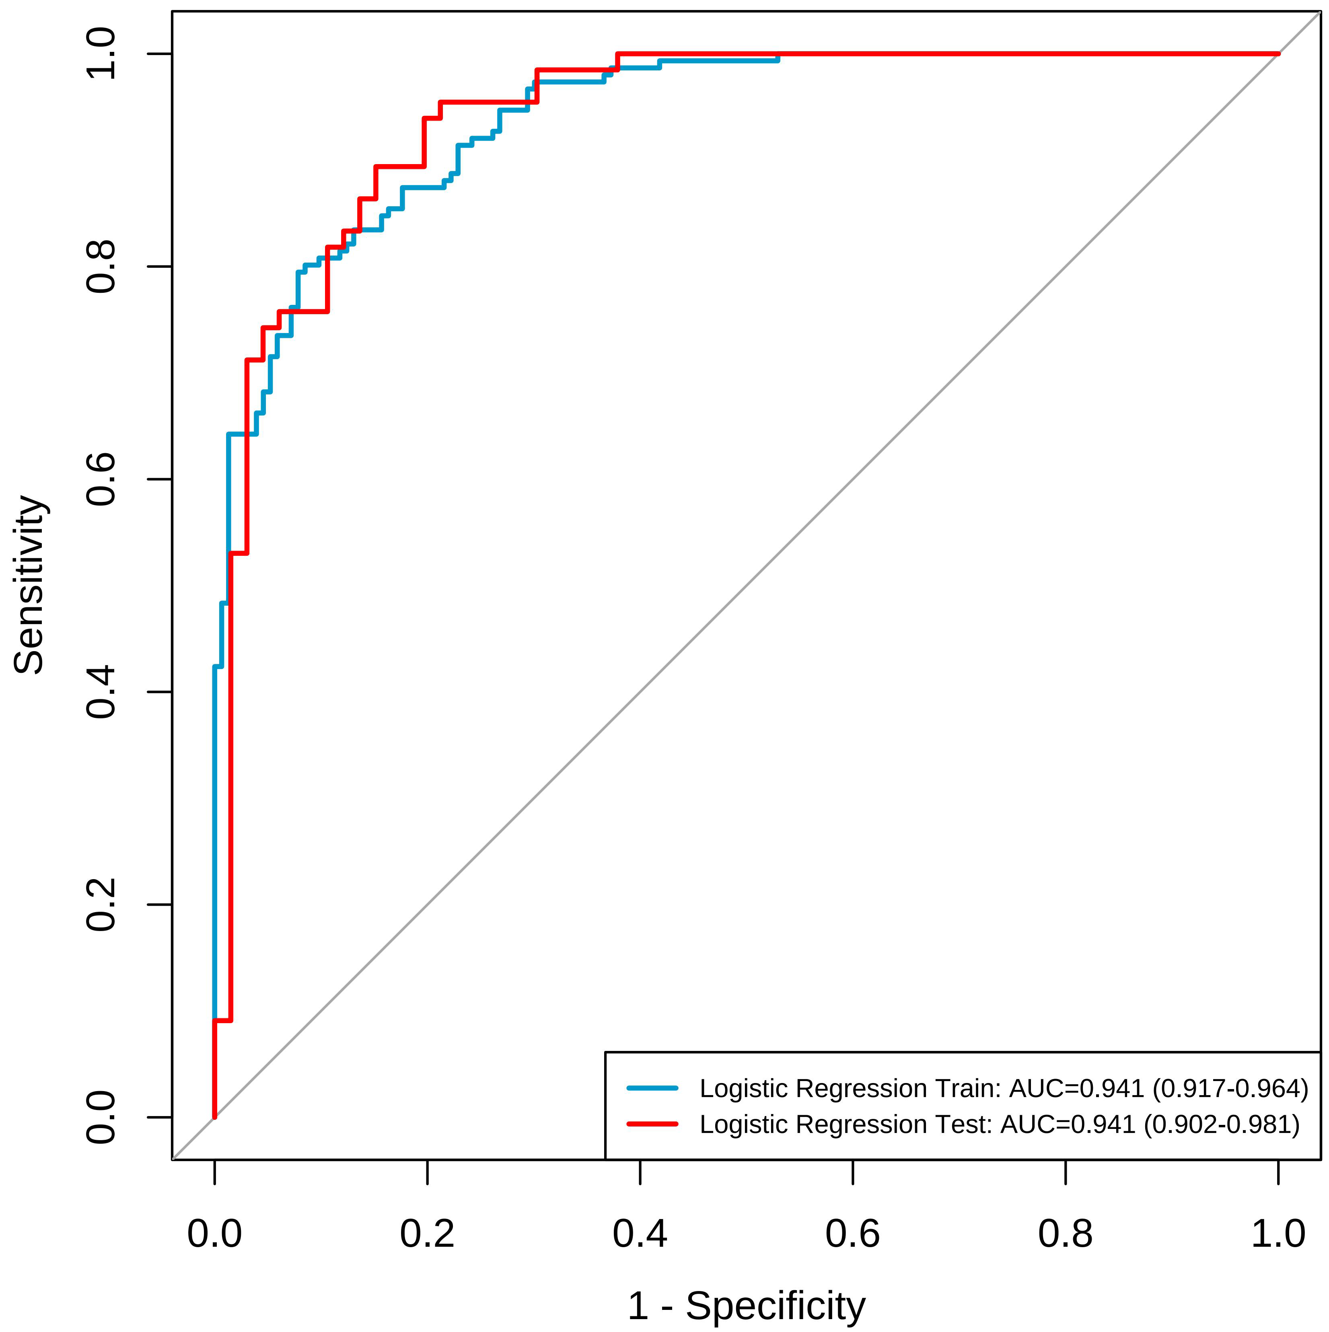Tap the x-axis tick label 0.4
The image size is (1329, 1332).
(640, 1233)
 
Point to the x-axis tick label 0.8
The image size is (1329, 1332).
(1066, 1233)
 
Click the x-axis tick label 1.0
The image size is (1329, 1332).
(1278, 1233)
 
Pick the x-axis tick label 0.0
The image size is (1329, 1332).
(214, 1233)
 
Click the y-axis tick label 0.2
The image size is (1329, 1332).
(101, 904)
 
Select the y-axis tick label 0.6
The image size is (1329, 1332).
(101, 479)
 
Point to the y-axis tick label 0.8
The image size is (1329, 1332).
(101, 266)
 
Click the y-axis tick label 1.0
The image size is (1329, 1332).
(101, 54)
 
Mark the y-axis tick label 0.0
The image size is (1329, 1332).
(101, 1117)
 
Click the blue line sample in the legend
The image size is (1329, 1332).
(652, 1088)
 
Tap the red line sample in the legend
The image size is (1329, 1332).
(652, 1124)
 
